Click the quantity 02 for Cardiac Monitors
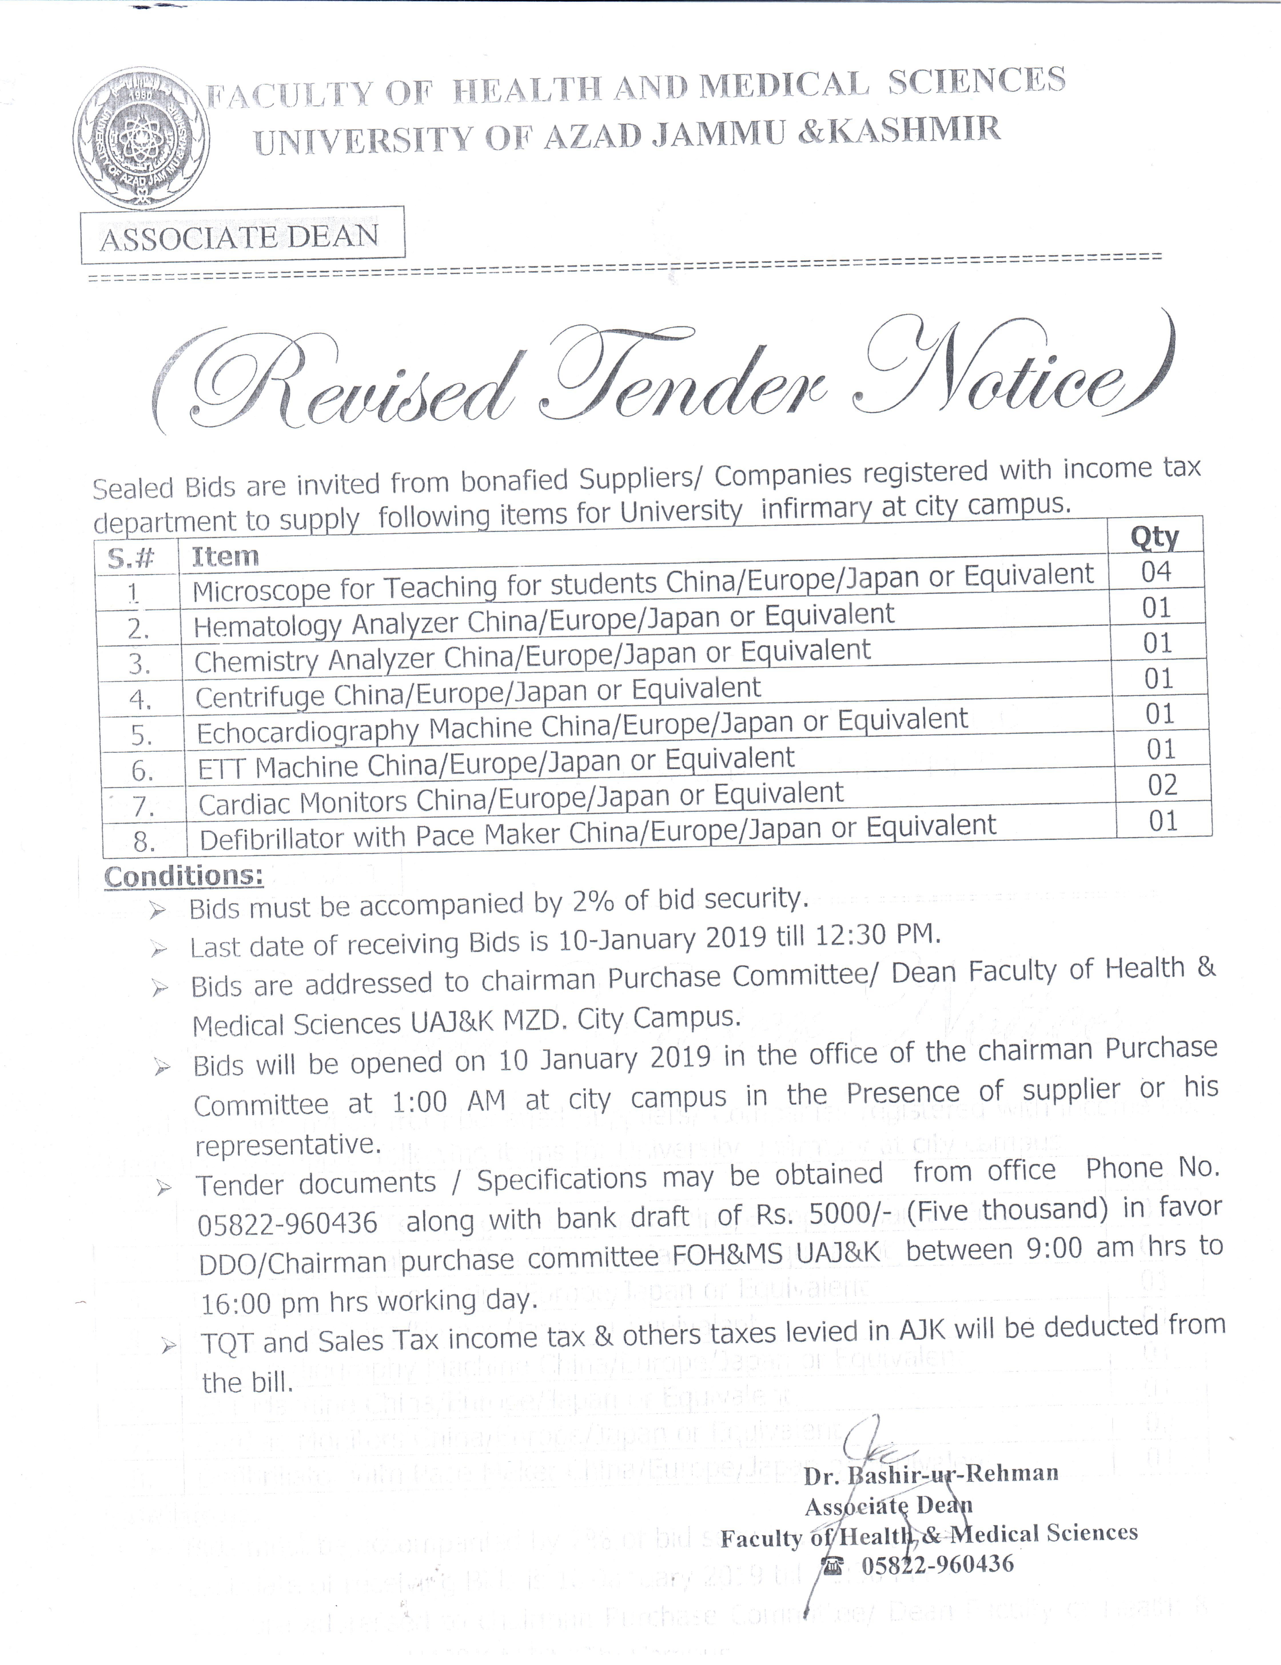pos(1162,784)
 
